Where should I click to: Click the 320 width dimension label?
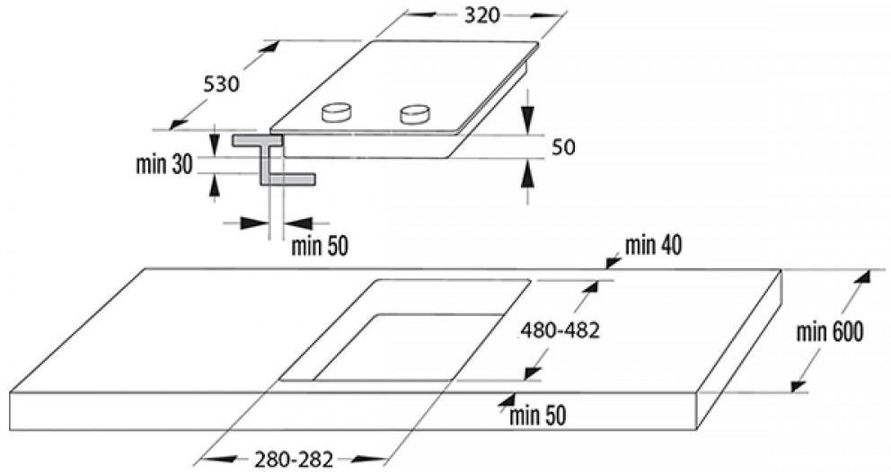(481, 15)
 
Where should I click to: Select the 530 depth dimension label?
(222, 84)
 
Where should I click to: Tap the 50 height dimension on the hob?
(563, 147)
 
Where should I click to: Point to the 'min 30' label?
(164, 165)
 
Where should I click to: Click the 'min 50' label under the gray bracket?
(320, 246)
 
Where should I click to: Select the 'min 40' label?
(654, 245)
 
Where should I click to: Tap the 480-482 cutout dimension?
(560, 329)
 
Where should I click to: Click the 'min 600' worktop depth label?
(830, 332)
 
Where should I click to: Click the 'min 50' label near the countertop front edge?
(537, 415)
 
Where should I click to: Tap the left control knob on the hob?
(337, 112)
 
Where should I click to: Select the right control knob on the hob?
(414, 114)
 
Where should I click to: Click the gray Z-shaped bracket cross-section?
(273, 160)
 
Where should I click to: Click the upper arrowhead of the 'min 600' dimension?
(862, 277)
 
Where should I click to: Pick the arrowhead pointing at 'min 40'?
(613, 262)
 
